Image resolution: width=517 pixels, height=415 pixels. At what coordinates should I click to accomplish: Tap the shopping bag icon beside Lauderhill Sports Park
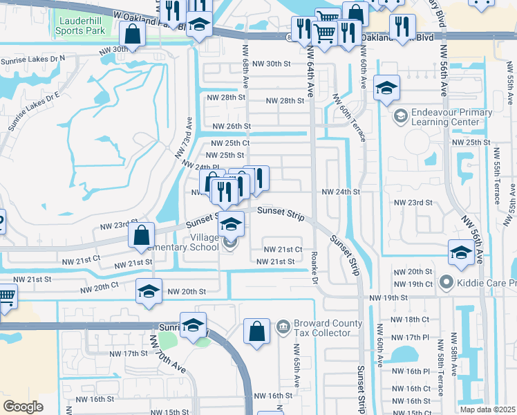131,34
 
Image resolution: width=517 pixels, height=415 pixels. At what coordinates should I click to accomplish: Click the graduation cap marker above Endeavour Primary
386,88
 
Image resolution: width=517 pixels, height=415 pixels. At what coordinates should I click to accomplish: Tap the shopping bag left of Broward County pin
256,331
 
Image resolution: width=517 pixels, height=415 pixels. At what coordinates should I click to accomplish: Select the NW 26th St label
230,127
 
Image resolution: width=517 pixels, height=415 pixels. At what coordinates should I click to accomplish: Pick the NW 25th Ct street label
229,142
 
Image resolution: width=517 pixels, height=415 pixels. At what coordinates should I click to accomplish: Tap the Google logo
23,406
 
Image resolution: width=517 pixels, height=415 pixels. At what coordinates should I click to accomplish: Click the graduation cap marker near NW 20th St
149,292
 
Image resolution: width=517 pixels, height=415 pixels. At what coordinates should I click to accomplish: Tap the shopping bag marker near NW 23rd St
141,235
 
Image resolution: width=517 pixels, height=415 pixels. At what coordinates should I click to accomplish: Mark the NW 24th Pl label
200,166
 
